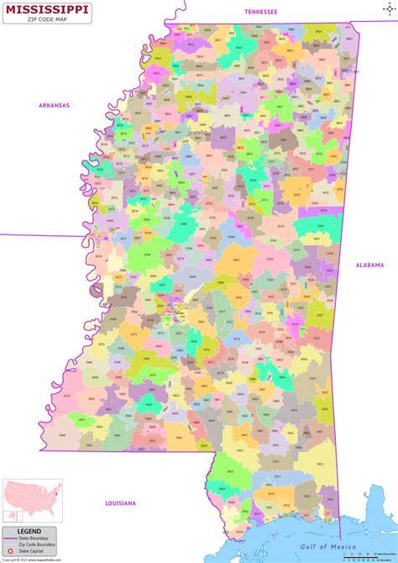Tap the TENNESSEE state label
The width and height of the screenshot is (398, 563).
(x=260, y=12)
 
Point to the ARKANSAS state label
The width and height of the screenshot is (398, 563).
(x=54, y=105)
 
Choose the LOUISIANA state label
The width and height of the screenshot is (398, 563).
(x=120, y=502)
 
